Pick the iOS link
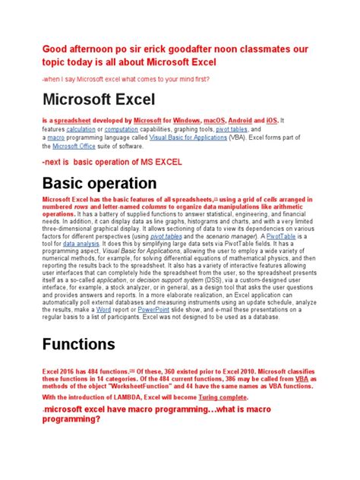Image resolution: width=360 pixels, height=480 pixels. (x=272, y=121)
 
